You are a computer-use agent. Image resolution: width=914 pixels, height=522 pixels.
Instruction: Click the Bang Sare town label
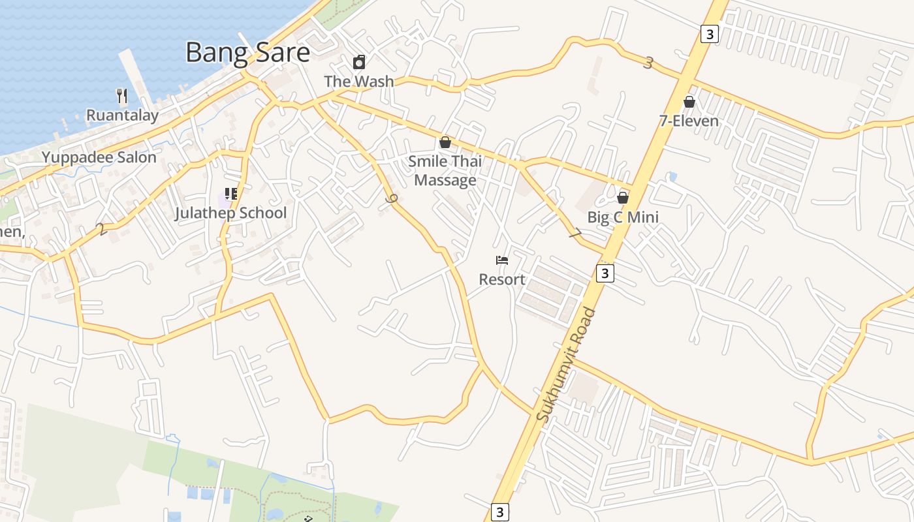click(247, 52)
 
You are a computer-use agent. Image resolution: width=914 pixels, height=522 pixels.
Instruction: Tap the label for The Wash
click(359, 82)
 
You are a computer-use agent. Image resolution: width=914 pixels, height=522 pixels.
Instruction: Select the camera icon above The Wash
click(359, 63)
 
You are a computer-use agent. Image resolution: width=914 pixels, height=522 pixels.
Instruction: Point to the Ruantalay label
click(122, 116)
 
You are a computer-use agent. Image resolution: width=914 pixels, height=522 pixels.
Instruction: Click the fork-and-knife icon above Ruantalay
click(121, 97)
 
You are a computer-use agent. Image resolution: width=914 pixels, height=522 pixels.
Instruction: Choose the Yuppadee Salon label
click(99, 157)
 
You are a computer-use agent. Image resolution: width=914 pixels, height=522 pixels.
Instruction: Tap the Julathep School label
click(230, 213)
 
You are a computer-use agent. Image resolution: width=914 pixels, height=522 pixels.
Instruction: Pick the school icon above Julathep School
click(230, 194)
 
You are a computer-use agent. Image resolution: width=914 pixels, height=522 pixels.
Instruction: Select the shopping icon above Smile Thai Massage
click(445, 142)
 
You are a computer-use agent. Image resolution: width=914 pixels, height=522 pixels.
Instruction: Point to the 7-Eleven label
click(689, 121)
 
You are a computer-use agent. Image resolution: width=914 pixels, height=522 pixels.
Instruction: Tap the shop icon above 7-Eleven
click(689, 102)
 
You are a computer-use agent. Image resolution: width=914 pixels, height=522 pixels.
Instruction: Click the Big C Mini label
click(623, 217)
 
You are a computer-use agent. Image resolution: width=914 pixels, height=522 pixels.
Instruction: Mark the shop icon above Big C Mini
click(623, 198)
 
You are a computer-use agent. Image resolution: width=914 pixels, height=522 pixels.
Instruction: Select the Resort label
click(502, 280)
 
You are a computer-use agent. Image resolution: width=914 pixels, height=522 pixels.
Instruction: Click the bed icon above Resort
click(502, 260)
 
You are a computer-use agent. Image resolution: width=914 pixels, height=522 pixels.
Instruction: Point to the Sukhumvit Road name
click(565, 365)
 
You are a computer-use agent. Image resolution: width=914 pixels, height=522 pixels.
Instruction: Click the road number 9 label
click(392, 200)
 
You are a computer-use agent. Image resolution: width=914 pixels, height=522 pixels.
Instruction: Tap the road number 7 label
click(575, 233)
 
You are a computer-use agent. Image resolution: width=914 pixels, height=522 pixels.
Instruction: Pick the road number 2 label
click(101, 229)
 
